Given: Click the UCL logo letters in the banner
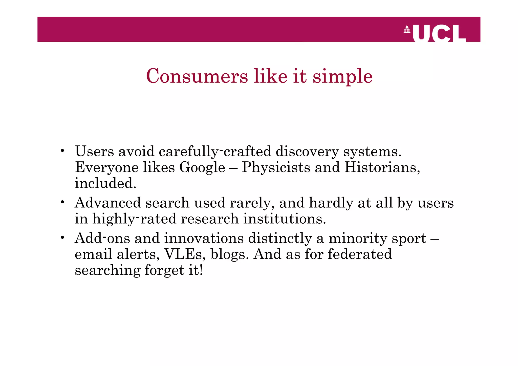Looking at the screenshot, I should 439,34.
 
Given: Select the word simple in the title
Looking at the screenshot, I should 342,77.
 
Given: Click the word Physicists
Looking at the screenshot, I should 276,167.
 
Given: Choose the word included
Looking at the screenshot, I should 105,183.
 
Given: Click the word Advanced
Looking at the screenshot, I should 108,203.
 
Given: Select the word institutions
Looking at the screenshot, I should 285,219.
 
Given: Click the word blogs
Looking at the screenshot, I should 228,254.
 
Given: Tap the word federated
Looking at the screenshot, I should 360,254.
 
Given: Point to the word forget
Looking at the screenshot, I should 164,270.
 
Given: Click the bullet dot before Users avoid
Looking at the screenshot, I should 62,151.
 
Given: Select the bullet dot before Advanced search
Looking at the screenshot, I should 62,202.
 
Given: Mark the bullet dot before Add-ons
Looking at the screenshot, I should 62,238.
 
